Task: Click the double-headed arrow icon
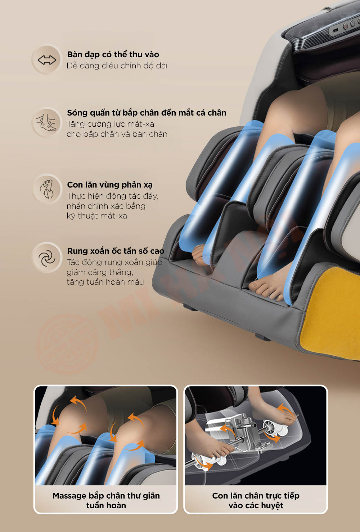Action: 47,60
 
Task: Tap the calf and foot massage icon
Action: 46,122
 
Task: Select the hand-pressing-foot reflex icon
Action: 47,189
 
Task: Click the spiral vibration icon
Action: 47,258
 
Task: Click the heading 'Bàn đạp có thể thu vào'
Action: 113,55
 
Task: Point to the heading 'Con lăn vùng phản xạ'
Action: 110,185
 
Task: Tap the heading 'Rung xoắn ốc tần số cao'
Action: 116,251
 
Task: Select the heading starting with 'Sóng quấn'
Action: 147,113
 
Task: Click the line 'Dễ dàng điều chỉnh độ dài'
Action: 117,66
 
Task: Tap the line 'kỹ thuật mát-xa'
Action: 97,216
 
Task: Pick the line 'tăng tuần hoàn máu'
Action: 105,282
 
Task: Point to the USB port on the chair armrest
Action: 336,31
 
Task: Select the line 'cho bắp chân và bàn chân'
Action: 117,134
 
